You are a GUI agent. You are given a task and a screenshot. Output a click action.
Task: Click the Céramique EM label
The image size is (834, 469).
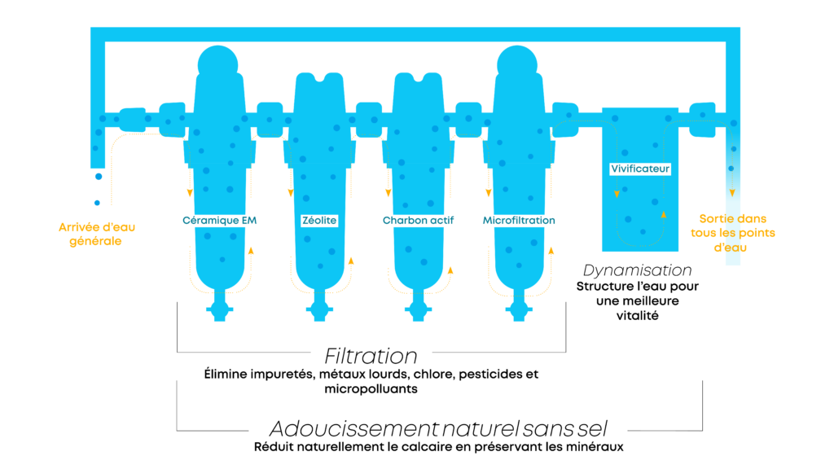(219, 221)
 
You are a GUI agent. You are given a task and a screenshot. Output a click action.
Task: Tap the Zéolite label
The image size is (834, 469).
(319, 221)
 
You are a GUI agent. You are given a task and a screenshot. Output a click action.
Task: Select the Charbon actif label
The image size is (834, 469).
(418, 221)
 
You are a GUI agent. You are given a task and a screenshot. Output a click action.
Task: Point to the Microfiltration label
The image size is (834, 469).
(519, 221)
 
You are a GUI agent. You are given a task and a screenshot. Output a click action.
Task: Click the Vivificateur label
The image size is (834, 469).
(640, 169)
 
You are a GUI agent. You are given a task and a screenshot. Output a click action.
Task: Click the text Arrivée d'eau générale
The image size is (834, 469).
(96, 234)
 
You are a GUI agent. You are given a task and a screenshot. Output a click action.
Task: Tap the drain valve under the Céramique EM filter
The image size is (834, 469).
(219, 309)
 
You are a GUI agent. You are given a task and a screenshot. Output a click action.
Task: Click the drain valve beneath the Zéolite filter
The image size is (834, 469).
(319, 310)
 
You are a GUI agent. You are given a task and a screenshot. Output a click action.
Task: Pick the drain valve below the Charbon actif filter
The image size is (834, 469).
(418, 310)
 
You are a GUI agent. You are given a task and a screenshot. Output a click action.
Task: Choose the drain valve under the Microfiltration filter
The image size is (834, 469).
(517, 310)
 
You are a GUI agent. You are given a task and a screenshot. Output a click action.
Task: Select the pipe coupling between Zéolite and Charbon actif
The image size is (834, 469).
(369, 120)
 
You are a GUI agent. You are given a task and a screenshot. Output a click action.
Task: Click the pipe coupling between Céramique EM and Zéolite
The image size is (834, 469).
(270, 120)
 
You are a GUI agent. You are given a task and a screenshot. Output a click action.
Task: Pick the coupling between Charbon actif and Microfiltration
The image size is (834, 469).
(468, 120)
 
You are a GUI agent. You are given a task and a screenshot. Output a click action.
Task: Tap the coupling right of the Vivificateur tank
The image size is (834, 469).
(702, 120)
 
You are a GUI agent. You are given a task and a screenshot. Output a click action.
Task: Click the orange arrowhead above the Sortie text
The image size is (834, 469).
(732, 193)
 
